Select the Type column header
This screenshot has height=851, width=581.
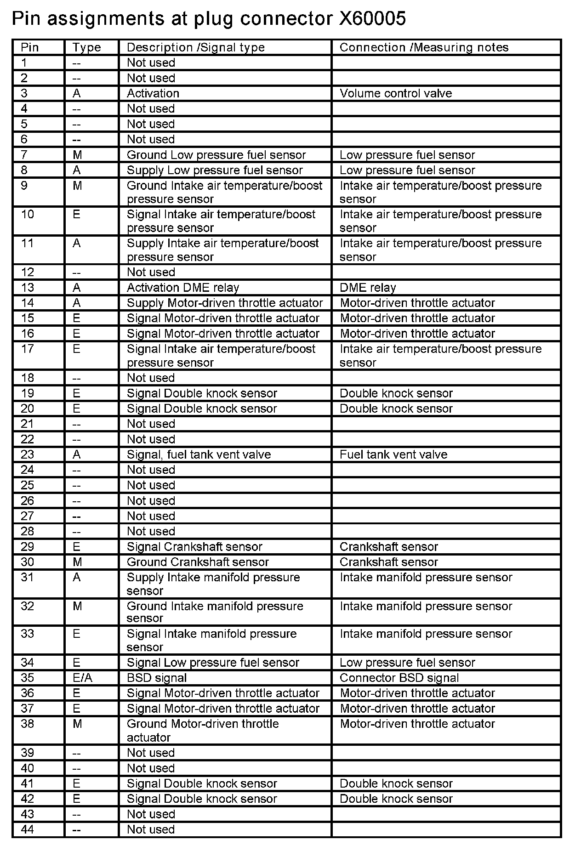pos(86,47)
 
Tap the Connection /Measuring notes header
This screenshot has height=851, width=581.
pos(424,47)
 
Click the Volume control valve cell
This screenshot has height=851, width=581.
pos(396,93)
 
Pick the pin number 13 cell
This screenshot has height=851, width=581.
pos(28,288)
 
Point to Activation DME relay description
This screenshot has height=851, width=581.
pos(183,288)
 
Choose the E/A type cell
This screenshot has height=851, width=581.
pos(82,678)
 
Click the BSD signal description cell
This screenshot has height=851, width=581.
pos(157,678)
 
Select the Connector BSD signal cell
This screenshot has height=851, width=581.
pos(399,678)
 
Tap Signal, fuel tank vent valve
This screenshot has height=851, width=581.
pos(199,454)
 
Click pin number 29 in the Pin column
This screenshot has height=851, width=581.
pos(28,546)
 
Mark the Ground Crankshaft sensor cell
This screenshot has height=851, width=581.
pos(198,562)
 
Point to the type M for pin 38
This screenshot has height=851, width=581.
pos(77,724)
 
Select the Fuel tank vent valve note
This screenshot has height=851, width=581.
pos(393,454)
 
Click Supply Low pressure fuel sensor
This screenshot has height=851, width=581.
pos(215,170)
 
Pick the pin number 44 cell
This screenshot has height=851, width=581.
pos(28,829)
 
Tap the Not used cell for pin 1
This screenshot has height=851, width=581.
pos(151,62)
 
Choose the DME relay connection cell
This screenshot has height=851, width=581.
pos(368,288)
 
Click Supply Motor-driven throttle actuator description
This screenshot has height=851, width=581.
pos(225,303)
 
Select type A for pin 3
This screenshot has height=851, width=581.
pos(77,93)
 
